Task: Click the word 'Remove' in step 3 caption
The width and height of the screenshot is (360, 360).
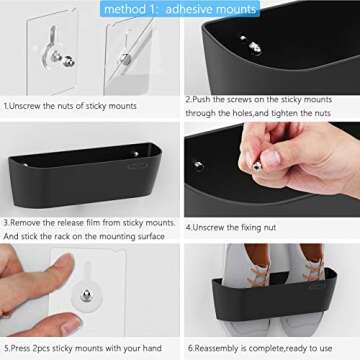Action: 32,222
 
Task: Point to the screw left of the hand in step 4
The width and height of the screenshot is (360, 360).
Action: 198,165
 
